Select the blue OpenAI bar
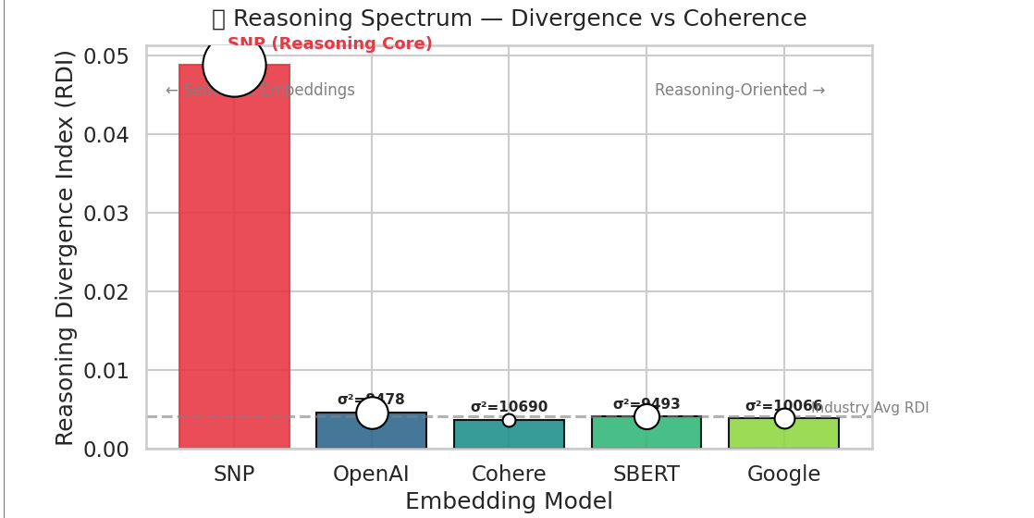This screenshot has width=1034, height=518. click(x=371, y=436)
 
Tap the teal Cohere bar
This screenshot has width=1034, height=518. click(x=509, y=437)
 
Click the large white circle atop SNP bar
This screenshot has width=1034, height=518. click(x=234, y=65)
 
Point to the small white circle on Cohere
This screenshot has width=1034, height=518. click(x=509, y=420)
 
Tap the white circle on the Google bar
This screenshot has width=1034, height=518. click(x=784, y=418)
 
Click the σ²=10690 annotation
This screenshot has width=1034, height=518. click(x=509, y=407)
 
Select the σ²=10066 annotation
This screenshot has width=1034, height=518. click(x=783, y=406)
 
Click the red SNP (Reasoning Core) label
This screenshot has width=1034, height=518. click(x=330, y=43)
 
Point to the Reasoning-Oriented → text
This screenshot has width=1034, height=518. click(x=740, y=90)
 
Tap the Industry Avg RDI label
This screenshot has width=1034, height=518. click(x=869, y=408)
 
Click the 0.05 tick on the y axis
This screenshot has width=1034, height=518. click(x=105, y=56)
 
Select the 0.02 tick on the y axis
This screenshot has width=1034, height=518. click(x=105, y=292)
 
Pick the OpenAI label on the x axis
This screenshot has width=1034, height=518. click(x=371, y=475)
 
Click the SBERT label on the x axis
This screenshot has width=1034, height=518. click(x=646, y=475)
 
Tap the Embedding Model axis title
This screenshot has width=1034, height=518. click(x=509, y=501)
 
